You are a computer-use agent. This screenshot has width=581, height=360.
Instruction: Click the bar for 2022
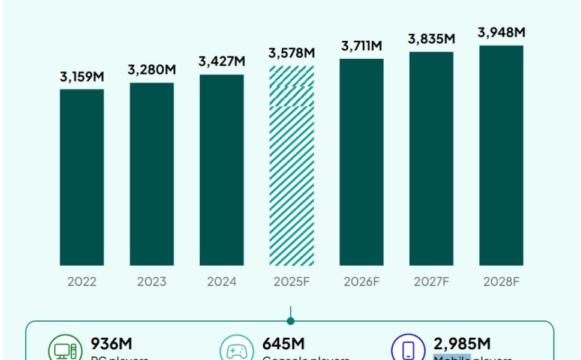[x=82, y=177]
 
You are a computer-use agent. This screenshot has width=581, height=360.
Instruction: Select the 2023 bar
[x=152, y=174]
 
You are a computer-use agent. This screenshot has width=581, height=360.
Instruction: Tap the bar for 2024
[x=222, y=170]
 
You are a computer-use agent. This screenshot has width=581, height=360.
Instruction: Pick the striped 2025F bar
[x=291, y=166]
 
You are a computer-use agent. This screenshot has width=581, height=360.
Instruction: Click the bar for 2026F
[x=362, y=162]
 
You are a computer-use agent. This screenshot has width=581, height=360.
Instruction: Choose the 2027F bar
[x=432, y=158]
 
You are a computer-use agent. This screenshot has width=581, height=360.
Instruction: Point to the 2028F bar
[x=501, y=155]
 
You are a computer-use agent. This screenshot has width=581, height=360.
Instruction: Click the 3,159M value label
[x=82, y=77]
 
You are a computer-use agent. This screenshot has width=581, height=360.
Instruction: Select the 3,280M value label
[x=152, y=70]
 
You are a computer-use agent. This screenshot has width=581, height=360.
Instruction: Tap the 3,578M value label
[x=291, y=53]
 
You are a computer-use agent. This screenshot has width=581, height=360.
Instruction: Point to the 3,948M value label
[x=501, y=32]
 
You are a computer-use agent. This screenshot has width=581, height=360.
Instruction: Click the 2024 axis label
[x=222, y=281]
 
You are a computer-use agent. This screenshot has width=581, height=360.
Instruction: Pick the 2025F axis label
[x=291, y=281]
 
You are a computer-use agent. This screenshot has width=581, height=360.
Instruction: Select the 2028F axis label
[x=501, y=281]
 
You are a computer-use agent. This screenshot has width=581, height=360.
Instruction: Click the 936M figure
[x=112, y=344]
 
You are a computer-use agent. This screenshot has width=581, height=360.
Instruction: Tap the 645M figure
[x=283, y=344]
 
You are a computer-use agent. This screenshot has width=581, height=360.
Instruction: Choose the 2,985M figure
[x=462, y=344]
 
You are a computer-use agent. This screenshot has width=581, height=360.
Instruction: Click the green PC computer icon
[x=64, y=350]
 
